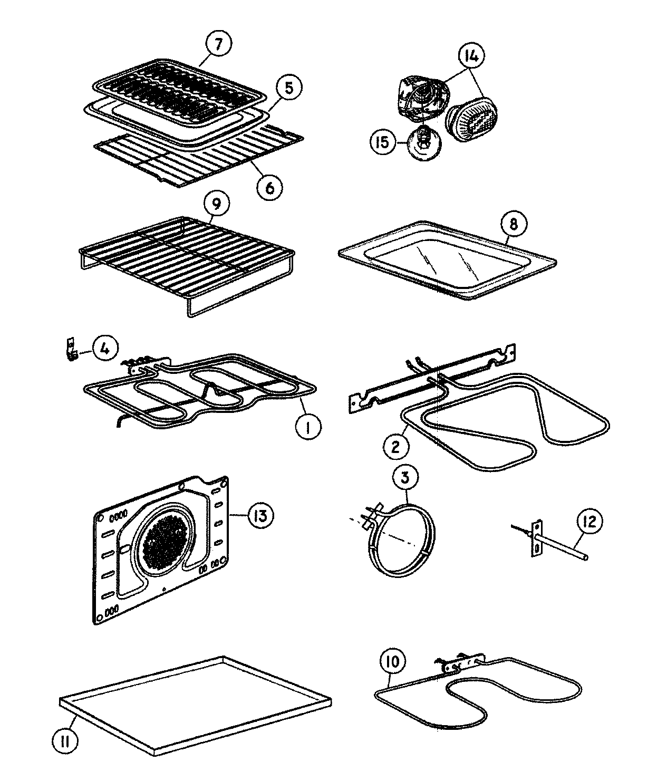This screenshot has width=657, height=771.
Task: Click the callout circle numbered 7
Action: (x=218, y=44)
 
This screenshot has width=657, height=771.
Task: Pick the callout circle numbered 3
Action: (x=405, y=478)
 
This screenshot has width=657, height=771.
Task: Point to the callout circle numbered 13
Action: (x=260, y=515)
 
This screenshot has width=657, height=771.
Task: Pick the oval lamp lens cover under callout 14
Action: (x=473, y=122)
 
